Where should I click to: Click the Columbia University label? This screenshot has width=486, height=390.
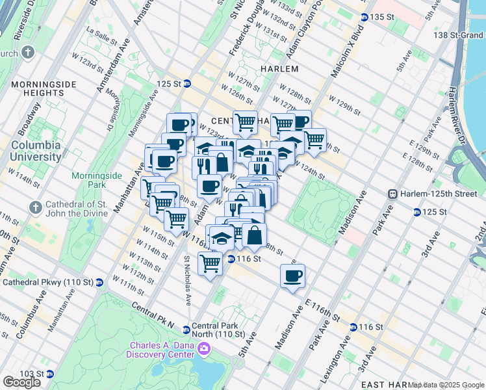(35, 151)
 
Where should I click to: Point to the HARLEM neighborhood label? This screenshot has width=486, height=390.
(279, 69)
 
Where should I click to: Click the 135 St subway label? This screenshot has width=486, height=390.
(386, 17)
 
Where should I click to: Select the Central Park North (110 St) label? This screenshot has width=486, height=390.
(222, 330)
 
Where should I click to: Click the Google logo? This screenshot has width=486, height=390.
(21, 382)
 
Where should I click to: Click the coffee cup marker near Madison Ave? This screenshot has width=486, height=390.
(292, 275)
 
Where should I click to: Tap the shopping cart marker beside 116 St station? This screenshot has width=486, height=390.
(210, 263)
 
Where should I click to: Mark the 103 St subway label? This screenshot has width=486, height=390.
(34, 374)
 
